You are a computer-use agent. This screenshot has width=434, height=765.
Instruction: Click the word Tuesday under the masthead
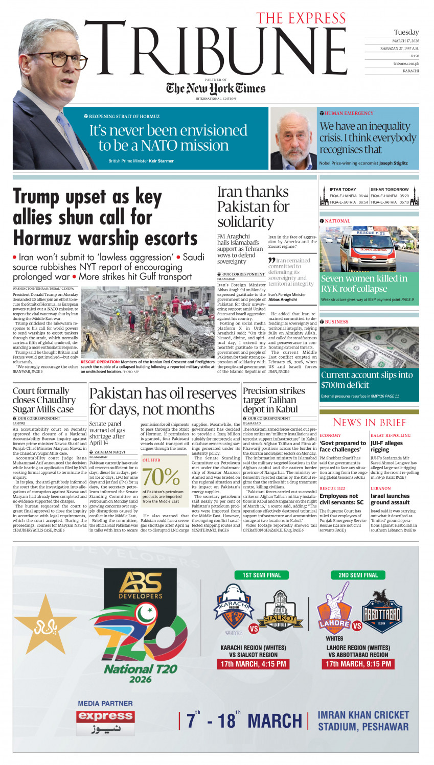coord(406,32)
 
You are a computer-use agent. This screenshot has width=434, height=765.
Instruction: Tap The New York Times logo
coord(216,88)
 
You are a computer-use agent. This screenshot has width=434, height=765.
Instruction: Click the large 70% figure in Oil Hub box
coord(161,477)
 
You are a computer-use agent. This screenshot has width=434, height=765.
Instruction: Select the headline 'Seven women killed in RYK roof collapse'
coord(364,283)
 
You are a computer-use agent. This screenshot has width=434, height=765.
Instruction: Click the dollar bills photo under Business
coord(369,347)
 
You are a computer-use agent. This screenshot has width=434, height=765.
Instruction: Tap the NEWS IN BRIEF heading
coord(369,422)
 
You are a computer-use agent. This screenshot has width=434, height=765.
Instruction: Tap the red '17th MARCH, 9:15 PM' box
coord(358,664)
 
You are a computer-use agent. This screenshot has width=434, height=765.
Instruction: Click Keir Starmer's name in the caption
coord(162,161)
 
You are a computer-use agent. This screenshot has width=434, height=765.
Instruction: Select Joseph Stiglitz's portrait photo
coord(293,138)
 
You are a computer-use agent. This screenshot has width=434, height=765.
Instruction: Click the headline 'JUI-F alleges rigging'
coord(386,446)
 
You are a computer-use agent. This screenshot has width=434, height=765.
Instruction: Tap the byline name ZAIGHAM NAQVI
coord(109,452)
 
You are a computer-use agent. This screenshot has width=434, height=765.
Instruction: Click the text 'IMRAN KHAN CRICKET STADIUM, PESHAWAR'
coord(363,721)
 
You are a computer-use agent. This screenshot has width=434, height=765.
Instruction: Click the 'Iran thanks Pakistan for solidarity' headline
coord(253,206)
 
